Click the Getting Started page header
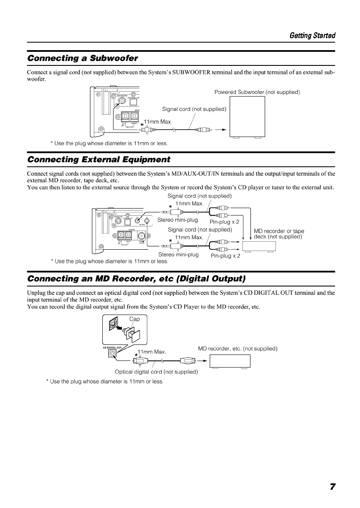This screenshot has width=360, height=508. tap(313, 35)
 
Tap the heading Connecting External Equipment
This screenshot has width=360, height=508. tap(98, 160)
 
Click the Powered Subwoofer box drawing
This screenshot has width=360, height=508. tap(247, 117)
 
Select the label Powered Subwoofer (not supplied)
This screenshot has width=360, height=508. tap(257, 92)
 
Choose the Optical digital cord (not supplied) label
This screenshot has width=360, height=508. tap(157, 372)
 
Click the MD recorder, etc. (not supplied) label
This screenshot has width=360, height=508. tap(238, 349)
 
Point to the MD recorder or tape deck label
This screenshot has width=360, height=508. tap(278, 234)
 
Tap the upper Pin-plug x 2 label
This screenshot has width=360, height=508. tap(225, 222)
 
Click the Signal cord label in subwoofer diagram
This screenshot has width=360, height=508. tap(194, 109)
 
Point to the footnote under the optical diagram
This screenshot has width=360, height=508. tap(105, 381)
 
